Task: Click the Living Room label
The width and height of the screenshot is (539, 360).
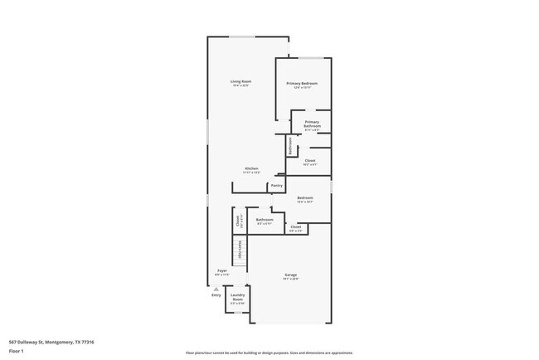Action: pos(240,81)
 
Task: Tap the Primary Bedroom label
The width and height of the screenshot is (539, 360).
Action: pos(303,84)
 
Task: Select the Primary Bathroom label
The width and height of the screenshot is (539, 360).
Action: pos(311,124)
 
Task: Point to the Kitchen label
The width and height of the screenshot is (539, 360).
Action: pos(251,169)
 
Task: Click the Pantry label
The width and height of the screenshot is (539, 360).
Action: pos(277,186)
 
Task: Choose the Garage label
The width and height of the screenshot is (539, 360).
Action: pos(291,275)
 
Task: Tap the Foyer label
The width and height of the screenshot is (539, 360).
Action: pos(222,270)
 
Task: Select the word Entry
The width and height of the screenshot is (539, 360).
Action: pos(216,294)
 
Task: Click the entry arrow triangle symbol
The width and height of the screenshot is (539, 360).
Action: pos(216,288)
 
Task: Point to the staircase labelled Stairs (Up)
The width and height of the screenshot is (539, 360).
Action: pos(240,250)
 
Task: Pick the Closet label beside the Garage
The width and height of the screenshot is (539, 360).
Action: pos(296,226)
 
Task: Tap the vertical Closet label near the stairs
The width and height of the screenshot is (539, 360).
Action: pos(238,221)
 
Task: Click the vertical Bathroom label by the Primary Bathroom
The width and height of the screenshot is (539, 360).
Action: pos(289,145)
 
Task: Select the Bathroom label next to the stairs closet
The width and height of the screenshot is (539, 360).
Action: pos(265,220)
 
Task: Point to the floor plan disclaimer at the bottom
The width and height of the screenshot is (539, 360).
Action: pos(269,352)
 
